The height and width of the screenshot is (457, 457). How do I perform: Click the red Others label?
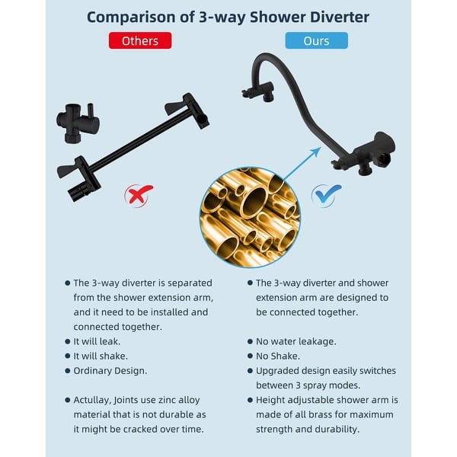click(x=139, y=40)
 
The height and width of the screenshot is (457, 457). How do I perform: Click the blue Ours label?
click(x=316, y=40)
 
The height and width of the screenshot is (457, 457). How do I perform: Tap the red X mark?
click(x=139, y=195)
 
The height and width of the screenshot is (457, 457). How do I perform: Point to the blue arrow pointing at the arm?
click(x=302, y=163)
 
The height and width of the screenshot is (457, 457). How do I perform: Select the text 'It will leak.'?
click(x=101, y=342)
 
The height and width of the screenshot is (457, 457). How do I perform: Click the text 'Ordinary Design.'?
click(x=110, y=371)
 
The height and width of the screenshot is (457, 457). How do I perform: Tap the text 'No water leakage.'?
click(x=296, y=342)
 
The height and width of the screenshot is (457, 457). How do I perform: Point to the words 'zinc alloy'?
click(x=179, y=400)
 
